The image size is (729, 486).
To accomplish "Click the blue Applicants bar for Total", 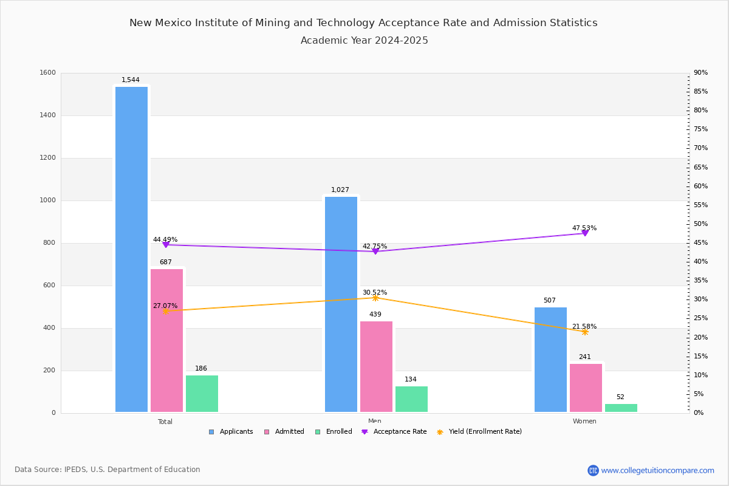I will click(131, 249).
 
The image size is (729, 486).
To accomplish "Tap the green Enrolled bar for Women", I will click(621, 408).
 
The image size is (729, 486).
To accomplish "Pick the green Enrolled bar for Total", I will click(202, 393).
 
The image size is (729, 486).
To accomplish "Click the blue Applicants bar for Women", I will click(550, 360).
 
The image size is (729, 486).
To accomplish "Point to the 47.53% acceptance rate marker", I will click(584, 233).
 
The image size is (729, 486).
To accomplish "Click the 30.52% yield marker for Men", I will click(375, 298).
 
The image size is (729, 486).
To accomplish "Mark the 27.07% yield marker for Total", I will click(165, 311).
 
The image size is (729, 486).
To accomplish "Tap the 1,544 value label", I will click(131, 80).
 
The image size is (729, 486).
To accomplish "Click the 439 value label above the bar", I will click(375, 315).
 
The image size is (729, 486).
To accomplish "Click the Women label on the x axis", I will click(584, 422).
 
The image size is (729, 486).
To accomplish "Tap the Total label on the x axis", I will click(165, 422).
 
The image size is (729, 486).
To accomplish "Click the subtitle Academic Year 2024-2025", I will click(364, 41).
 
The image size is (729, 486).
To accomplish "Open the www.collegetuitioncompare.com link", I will click(657, 470).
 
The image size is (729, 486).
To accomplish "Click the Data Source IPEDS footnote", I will click(108, 470).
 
